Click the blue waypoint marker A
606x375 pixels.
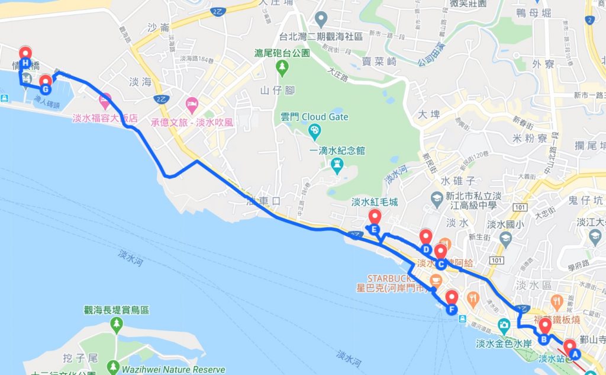[573, 354]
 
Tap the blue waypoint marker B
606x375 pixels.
[543, 339]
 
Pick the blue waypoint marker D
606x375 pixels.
[426, 249]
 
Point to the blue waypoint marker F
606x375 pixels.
[452, 309]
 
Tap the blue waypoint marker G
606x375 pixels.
[46, 89]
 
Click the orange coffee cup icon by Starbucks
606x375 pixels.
[439, 280]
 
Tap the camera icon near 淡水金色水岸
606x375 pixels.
[504, 325]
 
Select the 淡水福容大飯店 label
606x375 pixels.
[105, 118]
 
